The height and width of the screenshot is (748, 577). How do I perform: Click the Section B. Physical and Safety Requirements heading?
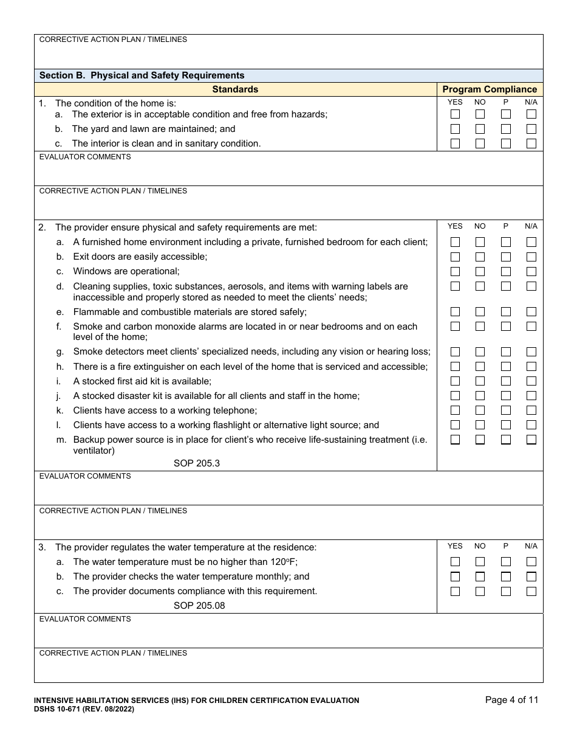[142, 75]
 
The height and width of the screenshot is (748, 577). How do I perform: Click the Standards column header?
[235, 89]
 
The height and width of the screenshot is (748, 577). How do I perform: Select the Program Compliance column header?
[490, 89]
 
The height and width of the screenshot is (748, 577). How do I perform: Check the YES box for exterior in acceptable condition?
[455, 114]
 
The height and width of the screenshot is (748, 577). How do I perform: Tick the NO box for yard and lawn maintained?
[480, 129]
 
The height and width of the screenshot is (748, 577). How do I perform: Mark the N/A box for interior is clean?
[531, 144]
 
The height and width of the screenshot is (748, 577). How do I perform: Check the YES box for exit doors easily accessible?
[455, 257]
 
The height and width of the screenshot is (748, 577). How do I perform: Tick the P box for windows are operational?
[506, 271]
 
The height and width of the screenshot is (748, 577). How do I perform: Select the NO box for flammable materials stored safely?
[480, 312]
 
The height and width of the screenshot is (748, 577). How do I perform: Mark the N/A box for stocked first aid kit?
[531, 381]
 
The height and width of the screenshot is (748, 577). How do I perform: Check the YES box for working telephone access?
[455, 410]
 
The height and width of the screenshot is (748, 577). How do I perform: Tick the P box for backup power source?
[506, 440]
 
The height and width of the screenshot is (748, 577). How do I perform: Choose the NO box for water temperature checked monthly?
[480, 577]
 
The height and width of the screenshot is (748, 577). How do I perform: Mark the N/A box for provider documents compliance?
[531, 591]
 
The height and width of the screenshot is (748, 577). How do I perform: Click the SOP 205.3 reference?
[196, 463]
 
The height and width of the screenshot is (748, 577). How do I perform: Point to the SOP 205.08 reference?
[199, 606]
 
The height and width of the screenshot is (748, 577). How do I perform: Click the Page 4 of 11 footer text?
[511, 700]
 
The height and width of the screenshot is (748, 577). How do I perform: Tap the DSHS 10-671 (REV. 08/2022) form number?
[84, 709]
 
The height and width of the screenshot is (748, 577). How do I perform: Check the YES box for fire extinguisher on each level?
[455, 367]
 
